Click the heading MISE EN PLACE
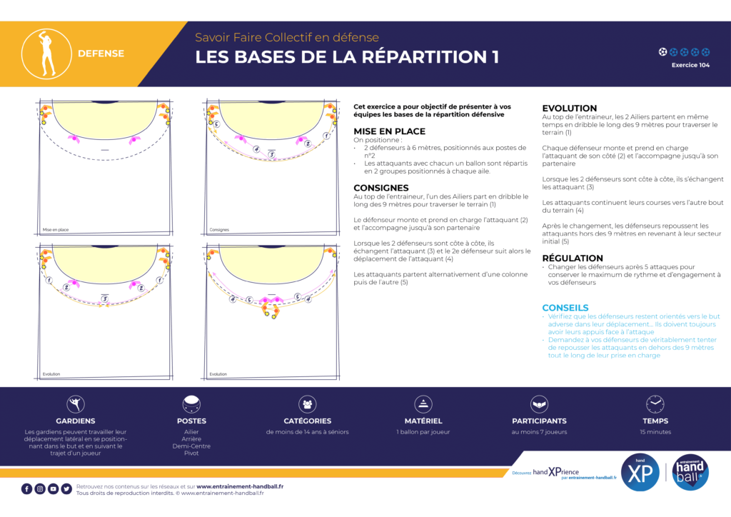click(389, 131)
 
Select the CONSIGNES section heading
click(381, 189)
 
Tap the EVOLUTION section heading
click(569, 109)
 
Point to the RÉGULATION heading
click(573, 258)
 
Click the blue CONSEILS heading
click(565, 308)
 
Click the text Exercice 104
click(690, 65)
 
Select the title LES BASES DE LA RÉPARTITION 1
click(347, 58)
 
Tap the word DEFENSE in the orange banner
click(101, 54)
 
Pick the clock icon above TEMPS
click(655, 404)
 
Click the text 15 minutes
click(655, 432)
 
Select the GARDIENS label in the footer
click(76, 421)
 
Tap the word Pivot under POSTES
click(191, 453)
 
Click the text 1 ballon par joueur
click(423, 432)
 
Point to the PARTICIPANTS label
click(539, 421)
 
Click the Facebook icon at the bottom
click(26, 488)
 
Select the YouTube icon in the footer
click(54, 488)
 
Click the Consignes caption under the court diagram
click(219, 230)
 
